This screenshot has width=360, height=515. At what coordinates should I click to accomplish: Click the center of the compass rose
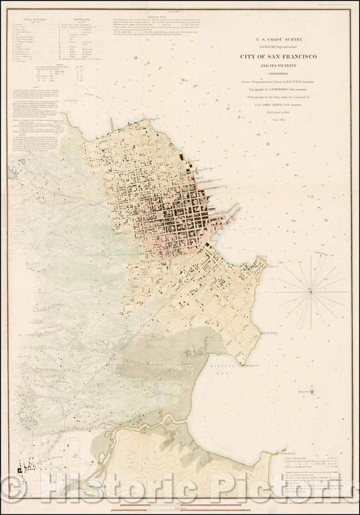[x=310, y=291]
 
